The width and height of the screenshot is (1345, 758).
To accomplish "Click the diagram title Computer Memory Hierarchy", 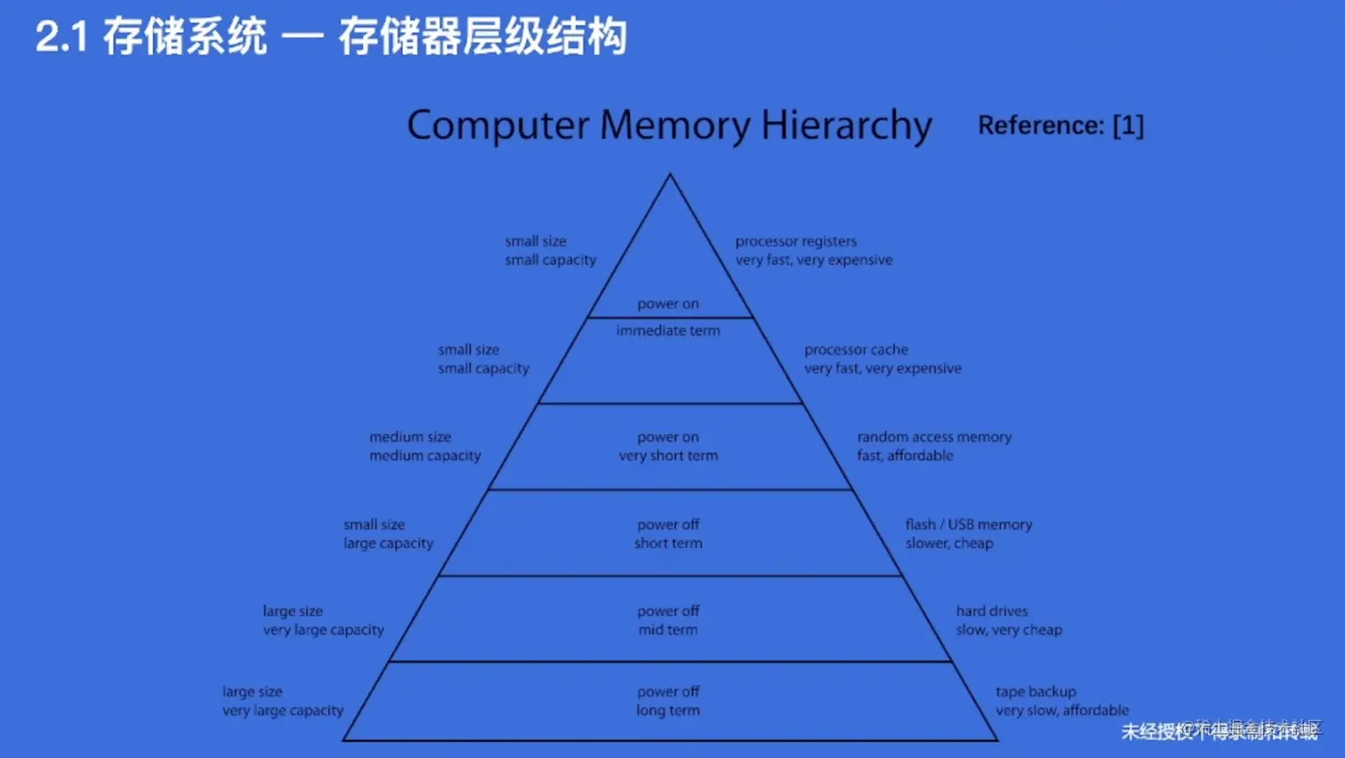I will (x=669, y=125).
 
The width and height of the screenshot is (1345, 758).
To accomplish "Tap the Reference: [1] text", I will (x=1060, y=125).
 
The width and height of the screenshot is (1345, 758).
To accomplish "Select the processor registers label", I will (x=795, y=241).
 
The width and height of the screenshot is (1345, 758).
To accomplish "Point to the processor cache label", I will (x=856, y=350).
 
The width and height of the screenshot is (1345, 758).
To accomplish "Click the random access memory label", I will (x=934, y=437).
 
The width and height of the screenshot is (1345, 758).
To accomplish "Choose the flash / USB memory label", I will (x=969, y=524).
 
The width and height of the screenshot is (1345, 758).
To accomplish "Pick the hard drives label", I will (x=992, y=611).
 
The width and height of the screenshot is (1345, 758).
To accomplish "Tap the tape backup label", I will (x=1035, y=691).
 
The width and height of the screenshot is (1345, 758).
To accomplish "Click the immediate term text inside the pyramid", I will (x=668, y=330).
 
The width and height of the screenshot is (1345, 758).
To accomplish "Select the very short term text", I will (x=668, y=456).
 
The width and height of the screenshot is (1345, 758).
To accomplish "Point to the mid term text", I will (x=668, y=630).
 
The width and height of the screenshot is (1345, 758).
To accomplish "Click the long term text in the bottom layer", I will (x=668, y=710).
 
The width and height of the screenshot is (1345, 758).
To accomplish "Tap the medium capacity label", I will (x=425, y=456).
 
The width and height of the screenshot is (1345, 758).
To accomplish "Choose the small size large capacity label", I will (x=388, y=534).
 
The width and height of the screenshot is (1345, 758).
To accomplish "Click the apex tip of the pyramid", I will (x=670, y=175).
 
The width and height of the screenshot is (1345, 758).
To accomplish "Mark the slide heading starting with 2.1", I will (x=331, y=37).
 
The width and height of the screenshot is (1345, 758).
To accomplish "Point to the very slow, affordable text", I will (x=1061, y=710).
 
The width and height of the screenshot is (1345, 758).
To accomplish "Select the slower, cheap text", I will (x=949, y=543).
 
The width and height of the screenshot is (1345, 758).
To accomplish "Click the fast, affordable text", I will (x=905, y=456).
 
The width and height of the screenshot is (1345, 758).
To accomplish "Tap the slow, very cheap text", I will (x=1009, y=630).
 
